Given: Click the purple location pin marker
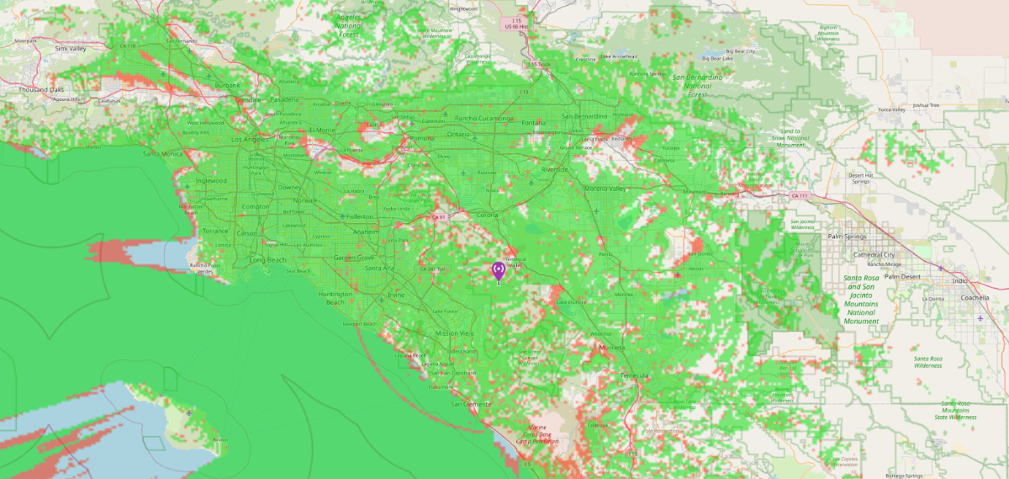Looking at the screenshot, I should point(498,270).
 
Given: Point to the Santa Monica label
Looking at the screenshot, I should point(162,153).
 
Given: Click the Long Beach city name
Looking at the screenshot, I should point(268,260).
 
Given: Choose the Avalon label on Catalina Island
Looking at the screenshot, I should point(221,439).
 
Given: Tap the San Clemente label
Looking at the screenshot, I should point(470,404).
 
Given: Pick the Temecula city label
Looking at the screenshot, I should point(635,375).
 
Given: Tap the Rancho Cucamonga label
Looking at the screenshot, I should point(483,118).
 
